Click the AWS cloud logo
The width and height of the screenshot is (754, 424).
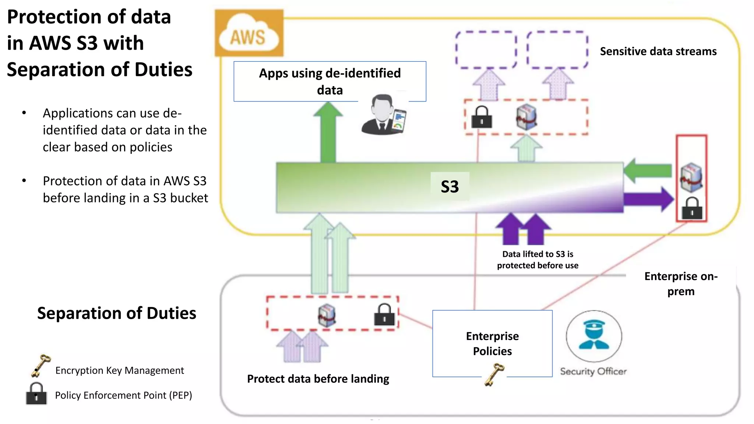pyautogui.click(x=249, y=33)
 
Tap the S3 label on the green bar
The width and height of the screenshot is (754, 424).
pyautogui.click(x=450, y=187)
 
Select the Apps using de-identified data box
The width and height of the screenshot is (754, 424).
pyautogui.click(x=330, y=81)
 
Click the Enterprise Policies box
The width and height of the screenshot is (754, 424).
pyautogui.click(x=492, y=343)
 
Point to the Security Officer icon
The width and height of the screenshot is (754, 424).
pyautogui.click(x=593, y=336)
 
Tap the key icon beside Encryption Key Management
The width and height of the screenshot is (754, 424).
pyautogui.click(x=40, y=366)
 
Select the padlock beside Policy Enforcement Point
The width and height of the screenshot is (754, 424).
pyautogui.click(x=36, y=394)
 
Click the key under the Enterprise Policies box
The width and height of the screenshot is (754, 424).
pyautogui.click(x=494, y=375)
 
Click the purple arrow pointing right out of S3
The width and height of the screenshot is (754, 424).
pyautogui.click(x=648, y=199)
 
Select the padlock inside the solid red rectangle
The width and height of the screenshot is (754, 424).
pyautogui.click(x=692, y=209)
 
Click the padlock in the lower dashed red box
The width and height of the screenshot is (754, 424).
pyautogui.click(x=384, y=315)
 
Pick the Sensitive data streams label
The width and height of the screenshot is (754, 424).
pyautogui.click(x=658, y=51)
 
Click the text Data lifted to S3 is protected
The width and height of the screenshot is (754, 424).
pyautogui.click(x=537, y=259)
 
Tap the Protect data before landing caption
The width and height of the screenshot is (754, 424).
pyautogui.click(x=318, y=379)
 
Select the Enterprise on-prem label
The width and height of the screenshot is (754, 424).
pyautogui.click(x=680, y=283)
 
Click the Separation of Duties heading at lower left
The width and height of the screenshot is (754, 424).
pyautogui.click(x=116, y=313)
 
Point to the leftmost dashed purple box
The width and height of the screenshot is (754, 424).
pyautogui.click(x=486, y=50)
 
